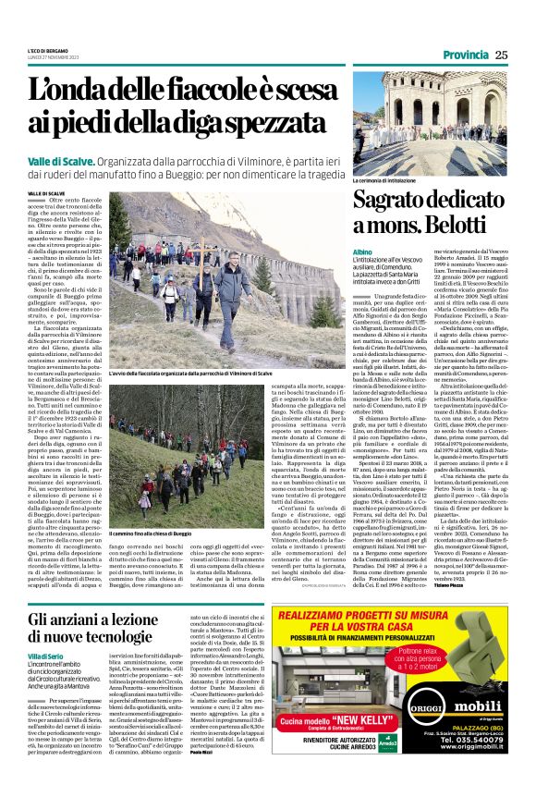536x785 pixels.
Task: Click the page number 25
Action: click(x=501, y=55)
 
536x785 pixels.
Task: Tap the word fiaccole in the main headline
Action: click(x=223, y=91)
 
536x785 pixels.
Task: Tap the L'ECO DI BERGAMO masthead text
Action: click(x=47, y=50)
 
